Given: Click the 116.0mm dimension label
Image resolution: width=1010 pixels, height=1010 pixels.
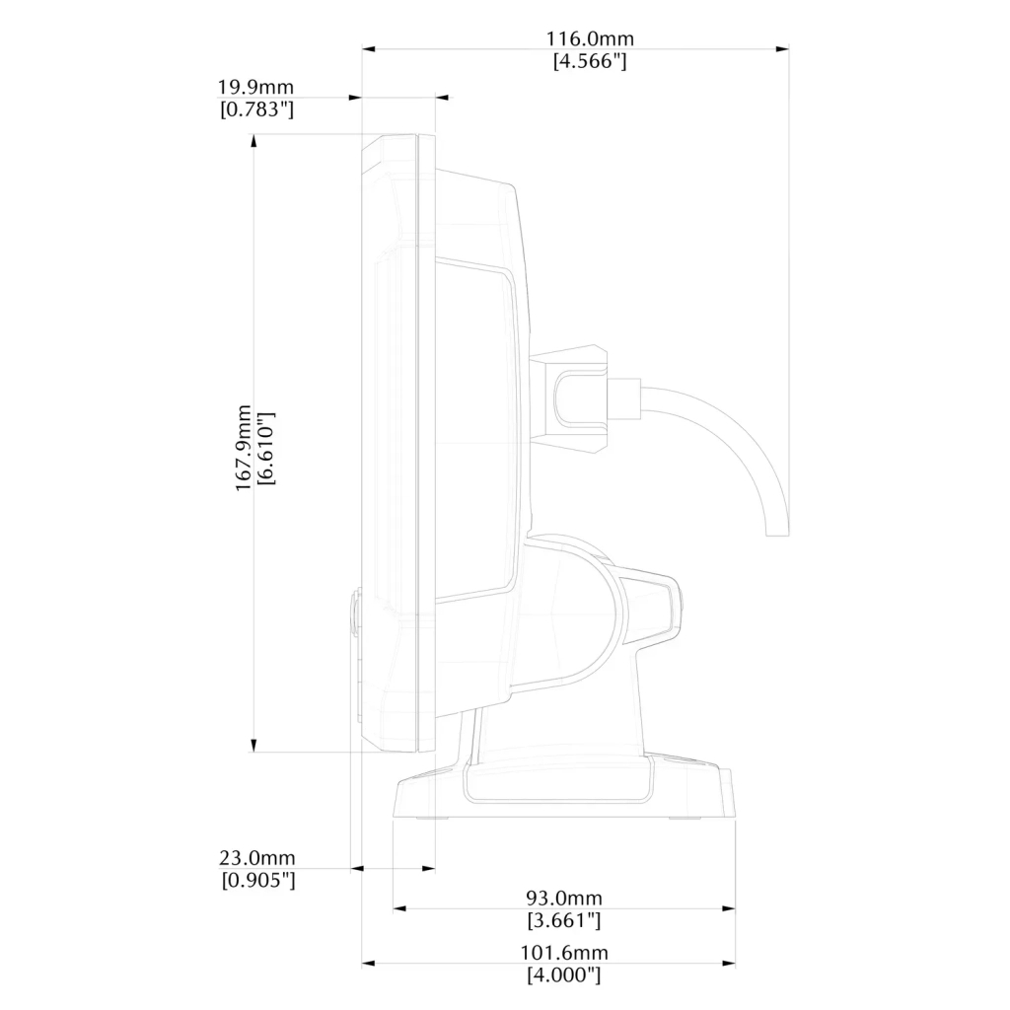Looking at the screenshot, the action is (x=590, y=38).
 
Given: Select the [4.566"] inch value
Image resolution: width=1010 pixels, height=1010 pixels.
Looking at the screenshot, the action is (x=590, y=61).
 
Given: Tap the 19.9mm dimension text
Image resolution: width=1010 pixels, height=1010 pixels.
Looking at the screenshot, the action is (x=255, y=87).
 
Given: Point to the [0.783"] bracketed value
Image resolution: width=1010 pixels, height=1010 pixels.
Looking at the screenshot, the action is (x=257, y=109).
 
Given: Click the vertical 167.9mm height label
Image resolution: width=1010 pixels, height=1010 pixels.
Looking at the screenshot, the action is (x=243, y=449).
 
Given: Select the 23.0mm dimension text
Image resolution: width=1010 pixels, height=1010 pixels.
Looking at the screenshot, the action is (x=257, y=858).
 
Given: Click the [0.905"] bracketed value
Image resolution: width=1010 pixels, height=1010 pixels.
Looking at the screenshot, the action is (x=258, y=880).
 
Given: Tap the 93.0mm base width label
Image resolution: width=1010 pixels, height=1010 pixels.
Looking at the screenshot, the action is (x=564, y=898).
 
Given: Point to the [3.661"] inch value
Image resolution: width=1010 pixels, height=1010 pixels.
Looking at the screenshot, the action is (x=564, y=920).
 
